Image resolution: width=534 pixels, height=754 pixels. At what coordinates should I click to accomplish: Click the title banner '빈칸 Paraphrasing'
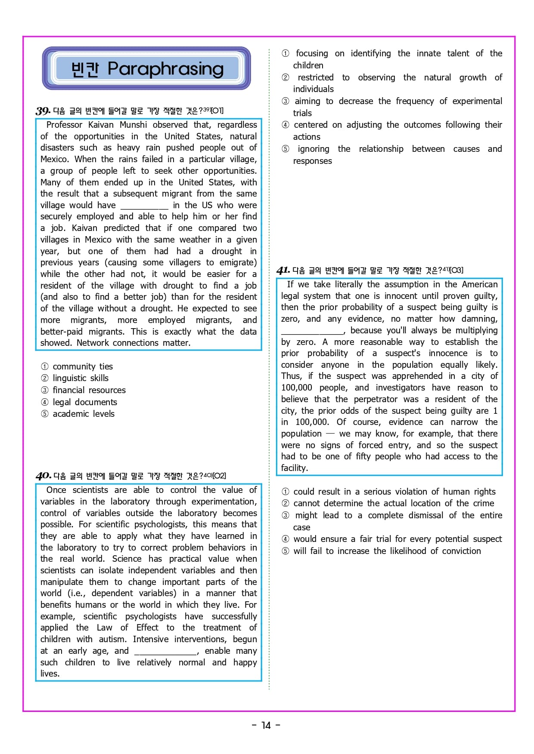click(146, 68)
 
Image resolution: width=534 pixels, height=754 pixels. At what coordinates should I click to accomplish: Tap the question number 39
click(43, 111)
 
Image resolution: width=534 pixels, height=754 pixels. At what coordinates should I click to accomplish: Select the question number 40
click(43, 476)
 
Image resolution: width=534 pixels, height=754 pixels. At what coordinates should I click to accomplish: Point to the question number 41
click(283, 270)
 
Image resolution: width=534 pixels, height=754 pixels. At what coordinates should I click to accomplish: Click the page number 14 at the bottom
click(266, 725)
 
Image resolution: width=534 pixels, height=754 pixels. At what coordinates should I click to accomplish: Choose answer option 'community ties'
click(82, 366)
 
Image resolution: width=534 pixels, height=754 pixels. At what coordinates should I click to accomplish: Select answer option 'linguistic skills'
click(81, 378)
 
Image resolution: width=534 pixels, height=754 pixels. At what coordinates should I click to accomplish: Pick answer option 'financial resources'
click(89, 390)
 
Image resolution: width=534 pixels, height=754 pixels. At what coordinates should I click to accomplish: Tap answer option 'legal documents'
click(85, 402)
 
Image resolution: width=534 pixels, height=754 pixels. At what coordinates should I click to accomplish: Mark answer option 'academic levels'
click(84, 414)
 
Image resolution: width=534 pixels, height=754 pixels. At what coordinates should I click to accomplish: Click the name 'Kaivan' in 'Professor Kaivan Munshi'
click(101, 125)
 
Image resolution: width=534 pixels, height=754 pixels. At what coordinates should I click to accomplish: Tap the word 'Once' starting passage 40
click(56, 490)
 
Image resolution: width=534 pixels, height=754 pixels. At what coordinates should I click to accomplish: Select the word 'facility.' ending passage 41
click(295, 468)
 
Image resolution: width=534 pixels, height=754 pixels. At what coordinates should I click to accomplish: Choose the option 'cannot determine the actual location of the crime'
click(394, 503)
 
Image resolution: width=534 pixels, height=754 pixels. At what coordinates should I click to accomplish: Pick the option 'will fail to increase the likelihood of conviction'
click(387, 551)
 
